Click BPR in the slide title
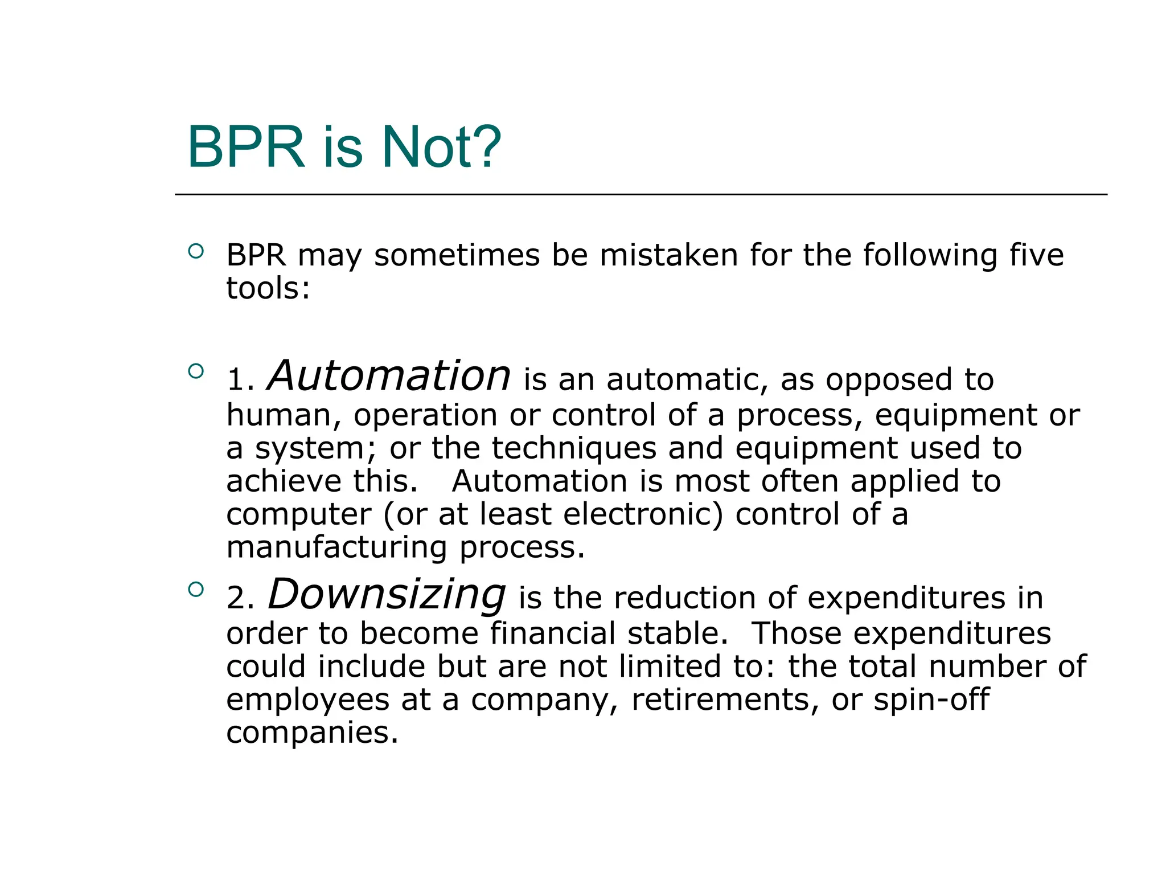pyautogui.click(x=246, y=148)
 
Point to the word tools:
pyautogui.click(x=268, y=288)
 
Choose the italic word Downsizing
pyautogui.click(x=387, y=595)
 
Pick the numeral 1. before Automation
pyautogui.click(x=240, y=380)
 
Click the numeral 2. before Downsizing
pyautogui.click(x=240, y=599)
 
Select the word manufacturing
pyautogui.click(x=336, y=548)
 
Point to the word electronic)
pyautogui.click(x=643, y=514)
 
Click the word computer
pyautogui.click(x=298, y=516)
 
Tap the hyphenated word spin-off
pyautogui.click(x=931, y=700)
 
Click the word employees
pyautogui.click(x=307, y=701)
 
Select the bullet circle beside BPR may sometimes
pyautogui.click(x=196, y=251)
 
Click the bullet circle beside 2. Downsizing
pyautogui.click(x=196, y=589)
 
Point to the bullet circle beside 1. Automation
pyautogui.click(x=196, y=371)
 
